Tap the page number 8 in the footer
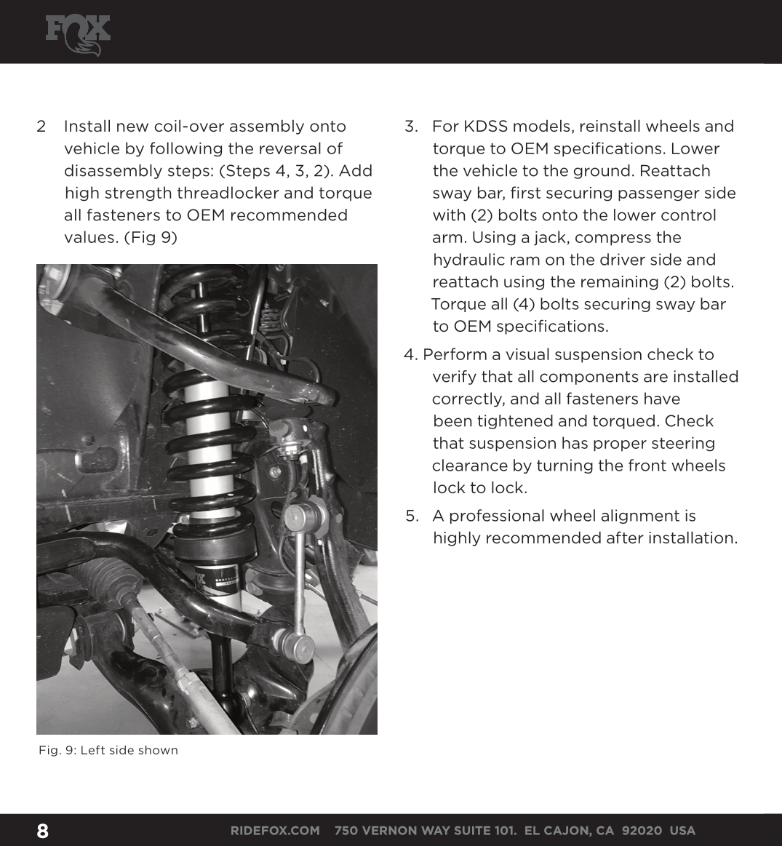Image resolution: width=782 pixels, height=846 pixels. [42, 831]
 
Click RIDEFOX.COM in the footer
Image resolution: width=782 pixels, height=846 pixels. [275, 831]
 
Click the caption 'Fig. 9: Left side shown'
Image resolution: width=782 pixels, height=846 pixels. [108, 750]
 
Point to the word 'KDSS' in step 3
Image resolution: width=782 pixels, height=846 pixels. [488, 127]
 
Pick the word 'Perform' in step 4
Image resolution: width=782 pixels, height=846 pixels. [452, 355]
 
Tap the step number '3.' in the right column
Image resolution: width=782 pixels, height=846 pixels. [412, 127]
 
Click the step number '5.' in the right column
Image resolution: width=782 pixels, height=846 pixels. [412, 516]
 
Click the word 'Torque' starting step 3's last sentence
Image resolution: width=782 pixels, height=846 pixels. [458, 305]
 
